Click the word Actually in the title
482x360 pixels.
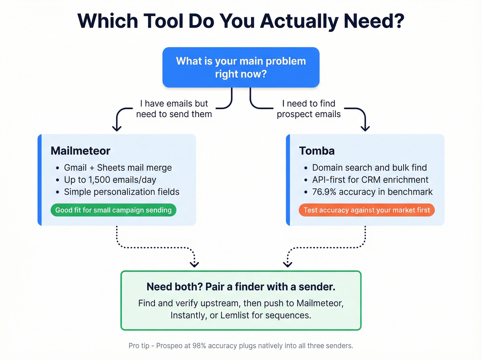pos(299,21)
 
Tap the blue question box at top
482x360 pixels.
pos(241,67)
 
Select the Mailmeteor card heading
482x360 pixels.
pos(80,151)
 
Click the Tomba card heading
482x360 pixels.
pos(317,151)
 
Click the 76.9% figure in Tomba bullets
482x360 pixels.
pos(324,192)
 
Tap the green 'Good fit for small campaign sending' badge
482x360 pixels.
pos(113,210)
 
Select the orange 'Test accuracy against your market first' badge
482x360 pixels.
pos(366,210)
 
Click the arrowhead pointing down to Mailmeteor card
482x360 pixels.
pos(117,128)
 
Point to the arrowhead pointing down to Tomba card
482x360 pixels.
pos(365,128)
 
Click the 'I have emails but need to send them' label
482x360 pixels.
pos(174,109)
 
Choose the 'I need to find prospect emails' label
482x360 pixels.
pos(308,109)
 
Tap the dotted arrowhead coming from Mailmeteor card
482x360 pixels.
pos(195,264)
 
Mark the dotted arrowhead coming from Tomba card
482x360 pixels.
pos(287,264)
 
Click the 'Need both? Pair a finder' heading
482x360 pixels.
pos(241,287)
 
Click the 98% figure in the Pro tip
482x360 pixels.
pos(199,346)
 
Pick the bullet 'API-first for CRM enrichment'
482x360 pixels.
pos(370,180)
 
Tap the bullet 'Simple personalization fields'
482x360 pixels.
pos(122,192)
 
